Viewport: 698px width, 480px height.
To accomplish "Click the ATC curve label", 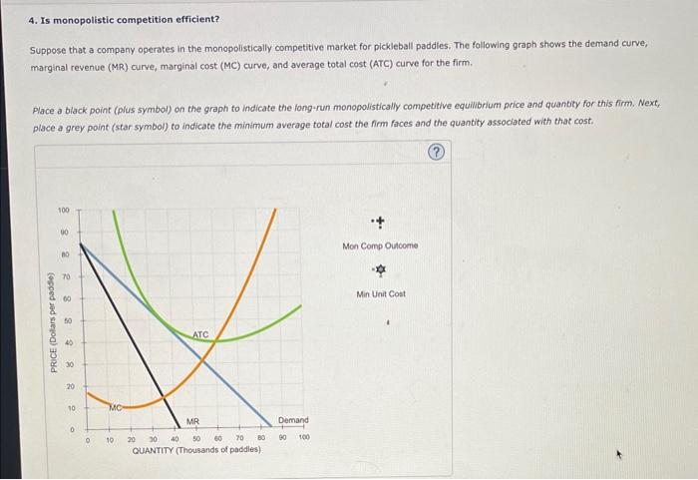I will pyautogui.click(x=201, y=334).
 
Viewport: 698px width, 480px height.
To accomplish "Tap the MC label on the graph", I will pyautogui.click(x=115, y=406).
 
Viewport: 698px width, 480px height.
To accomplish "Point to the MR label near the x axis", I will pyautogui.click(x=192, y=421).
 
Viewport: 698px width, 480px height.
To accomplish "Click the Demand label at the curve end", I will pyautogui.click(x=293, y=421).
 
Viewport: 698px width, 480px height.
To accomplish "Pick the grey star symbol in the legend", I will pyautogui.click(x=380, y=270).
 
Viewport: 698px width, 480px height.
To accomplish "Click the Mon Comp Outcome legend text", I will pyautogui.click(x=380, y=245).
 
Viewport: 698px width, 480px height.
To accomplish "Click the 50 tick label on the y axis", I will pyautogui.click(x=67, y=320).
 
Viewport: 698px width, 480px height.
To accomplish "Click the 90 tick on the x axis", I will pyautogui.click(x=283, y=437).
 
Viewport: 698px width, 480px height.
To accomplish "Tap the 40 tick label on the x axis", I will pyautogui.click(x=174, y=437).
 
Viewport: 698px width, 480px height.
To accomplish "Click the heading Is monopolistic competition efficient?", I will pyautogui.click(x=124, y=18).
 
